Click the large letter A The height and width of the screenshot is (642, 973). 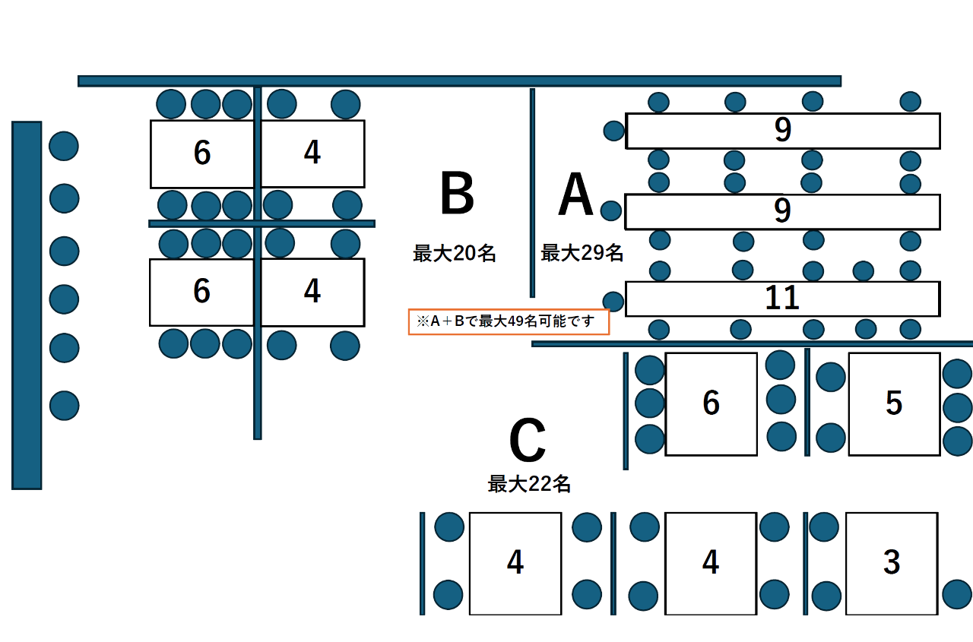(x=575, y=196)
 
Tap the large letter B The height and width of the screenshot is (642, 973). (x=457, y=194)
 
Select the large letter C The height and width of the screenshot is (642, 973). (x=527, y=441)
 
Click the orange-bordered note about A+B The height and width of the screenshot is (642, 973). (x=509, y=321)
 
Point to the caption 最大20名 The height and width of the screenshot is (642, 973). (x=454, y=254)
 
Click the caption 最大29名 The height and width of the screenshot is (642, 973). (x=582, y=253)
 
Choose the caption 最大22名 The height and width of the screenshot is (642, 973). (x=529, y=484)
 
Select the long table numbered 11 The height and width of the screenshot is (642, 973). (x=782, y=299)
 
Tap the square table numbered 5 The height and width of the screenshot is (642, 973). (x=894, y=403)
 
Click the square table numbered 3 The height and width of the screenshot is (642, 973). (x=891, y=563)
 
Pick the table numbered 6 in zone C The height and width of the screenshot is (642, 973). (x=711, y=403)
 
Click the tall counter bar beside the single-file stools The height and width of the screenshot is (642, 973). (x=27, y=305)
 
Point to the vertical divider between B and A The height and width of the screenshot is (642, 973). (x=532, y=192)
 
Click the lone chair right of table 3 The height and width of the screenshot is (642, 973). (x=957, y=594)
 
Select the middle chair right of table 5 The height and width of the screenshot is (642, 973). (x=957, y=408)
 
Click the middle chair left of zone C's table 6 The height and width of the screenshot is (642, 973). (x=650, y=403)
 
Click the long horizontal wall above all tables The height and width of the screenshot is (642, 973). (x=459, y=81)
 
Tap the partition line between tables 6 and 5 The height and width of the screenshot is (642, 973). (x=807, y=402)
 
